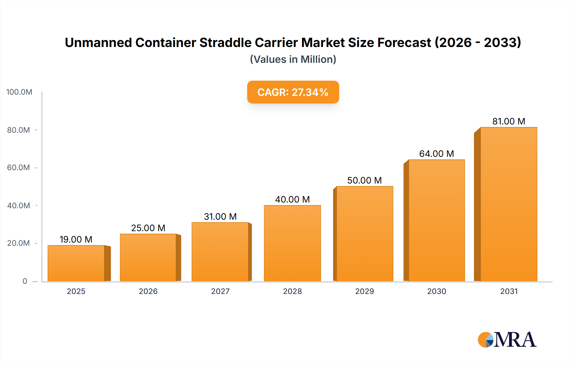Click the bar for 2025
(x=76, y=263)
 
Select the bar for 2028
(x=292, y=243)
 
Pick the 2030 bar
(x=436, y=220)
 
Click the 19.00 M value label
(x=76, y=239)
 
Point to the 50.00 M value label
(x=364, y=180)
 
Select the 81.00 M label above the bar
(x=509, y=121)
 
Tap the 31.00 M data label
(x=220, y=217)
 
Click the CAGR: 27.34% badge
(x=293, y=92)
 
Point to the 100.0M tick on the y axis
(x=19, y=92)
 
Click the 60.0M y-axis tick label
(x=18, y=168)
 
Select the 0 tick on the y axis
(x=25, y=281)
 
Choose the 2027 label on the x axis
(x=220, y=291)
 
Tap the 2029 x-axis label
(x=364, y=291)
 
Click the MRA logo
(x=507, y=340)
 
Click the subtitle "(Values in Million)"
(x=293, y=59)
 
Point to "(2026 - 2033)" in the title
(x=478, y=43)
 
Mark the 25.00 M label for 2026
(x=148, y=228)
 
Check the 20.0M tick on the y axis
(x=18, y=243)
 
